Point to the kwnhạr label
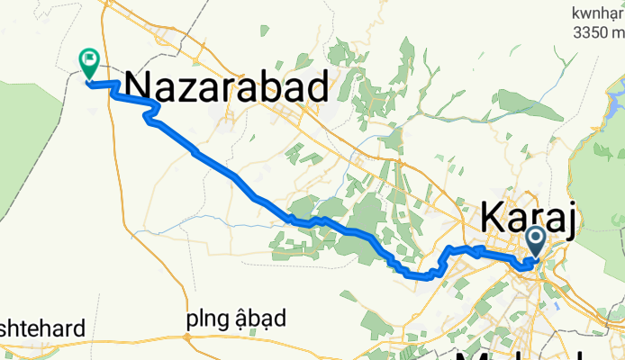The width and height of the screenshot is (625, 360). (x=599, y=13)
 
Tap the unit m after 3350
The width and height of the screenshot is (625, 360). (x=618, y=34)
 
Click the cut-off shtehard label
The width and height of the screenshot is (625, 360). (x=42, y=328)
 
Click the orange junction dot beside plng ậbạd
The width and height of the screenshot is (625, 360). (x=187, y=337)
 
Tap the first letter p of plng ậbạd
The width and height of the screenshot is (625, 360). (x=192, y=320)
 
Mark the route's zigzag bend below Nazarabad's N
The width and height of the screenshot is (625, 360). (x=151, y=112)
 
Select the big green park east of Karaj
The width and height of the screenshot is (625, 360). (x=602, y=180)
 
